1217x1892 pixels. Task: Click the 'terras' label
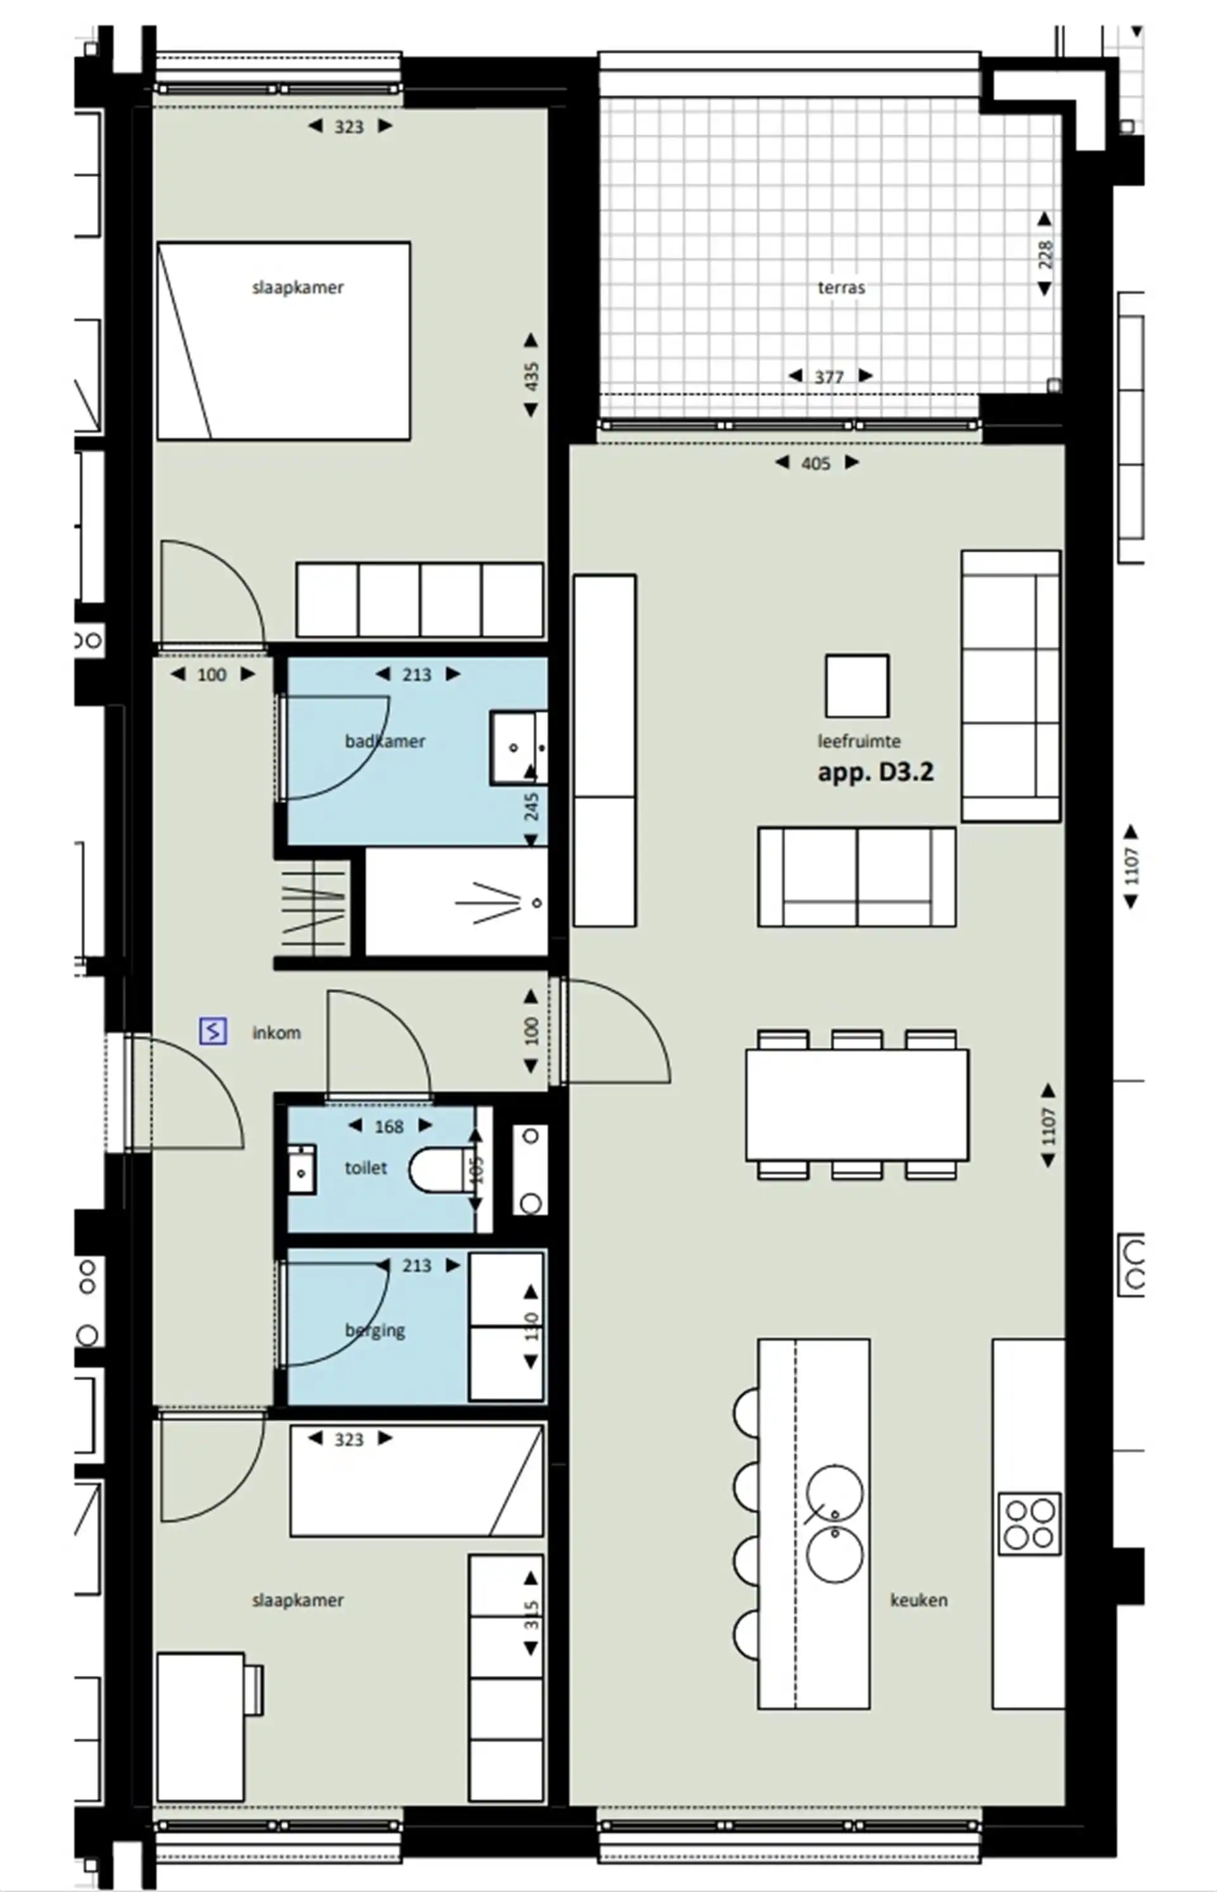[x=841, y=288]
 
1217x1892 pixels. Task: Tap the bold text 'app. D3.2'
[x=875, y=772]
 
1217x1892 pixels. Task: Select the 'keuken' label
[x=918, y=1600]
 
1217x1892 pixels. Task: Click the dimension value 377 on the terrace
[x=829, y=378]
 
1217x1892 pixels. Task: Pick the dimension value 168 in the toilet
[x=389, y=1127]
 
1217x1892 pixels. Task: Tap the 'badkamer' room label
[x=385, y=741]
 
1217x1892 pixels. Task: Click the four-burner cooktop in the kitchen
[x=1028, y=1524]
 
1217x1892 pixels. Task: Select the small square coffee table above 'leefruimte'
[x=856, y=686]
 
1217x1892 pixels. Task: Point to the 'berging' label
[x=375, y=1330]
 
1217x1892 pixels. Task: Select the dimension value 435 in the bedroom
[x=532, y=375]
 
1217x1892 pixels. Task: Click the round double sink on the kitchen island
[x=835, y=1524]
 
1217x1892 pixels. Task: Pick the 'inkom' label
[x=276, y=1033]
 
